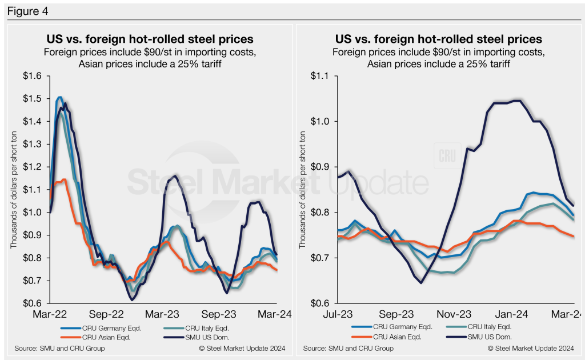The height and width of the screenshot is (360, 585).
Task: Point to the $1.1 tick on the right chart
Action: (324, 75)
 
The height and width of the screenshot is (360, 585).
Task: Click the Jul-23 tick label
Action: (337, 314)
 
